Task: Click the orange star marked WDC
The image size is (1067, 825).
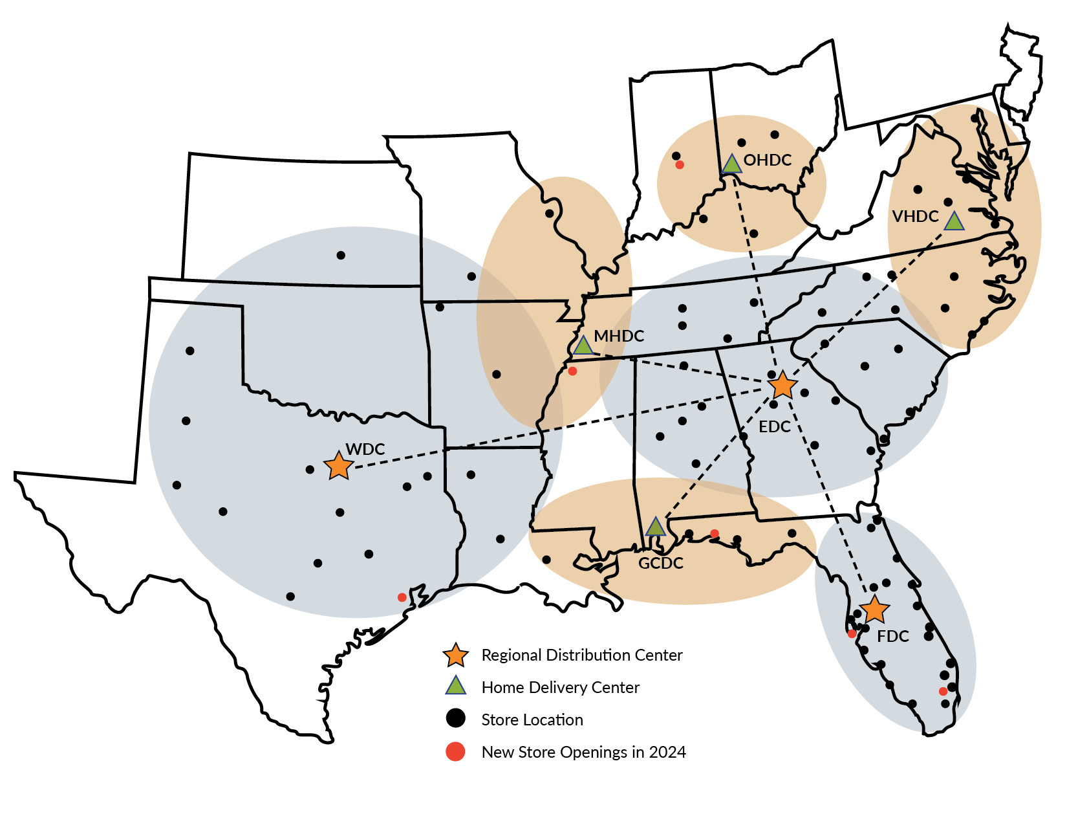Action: pyautogui.click(x=338, y=466)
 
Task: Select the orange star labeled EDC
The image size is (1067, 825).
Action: pyautogui.click(x=782, y=386)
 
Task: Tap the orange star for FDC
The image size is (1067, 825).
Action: pyautogui.click(x=875, y=610)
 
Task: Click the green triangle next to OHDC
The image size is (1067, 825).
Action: pyautogui.click(x=731, y=164)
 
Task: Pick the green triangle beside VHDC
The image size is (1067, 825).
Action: pyautogui.click(x=954, y=221)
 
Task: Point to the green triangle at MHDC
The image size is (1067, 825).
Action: pyautogui.click(x=583, y=346)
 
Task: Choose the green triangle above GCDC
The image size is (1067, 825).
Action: pyautogui.click(x=656, y=527)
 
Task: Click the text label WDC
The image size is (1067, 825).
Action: pyautogui.click(x=365, y=449)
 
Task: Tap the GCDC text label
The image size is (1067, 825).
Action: pyautogui.click(x=660, y=564)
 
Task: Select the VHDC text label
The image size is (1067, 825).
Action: pyautogui.click(x=915, y=217)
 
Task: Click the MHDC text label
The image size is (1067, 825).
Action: pyautogui.click(x=619, y=336)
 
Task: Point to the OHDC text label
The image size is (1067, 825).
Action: pyautogui.click(x=768, y=160)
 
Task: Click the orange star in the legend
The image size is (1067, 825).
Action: pyautogui.click(x=455, y=655)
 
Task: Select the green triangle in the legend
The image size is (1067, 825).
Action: pyautogui.click(x=456, y=686)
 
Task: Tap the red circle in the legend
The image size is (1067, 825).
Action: pyautogui.click(x=455, y=752)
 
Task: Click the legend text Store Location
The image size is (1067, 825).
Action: pyautogui.click(x=532, y=720)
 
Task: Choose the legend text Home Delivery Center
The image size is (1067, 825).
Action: pyautogui.click(x=560, y=688)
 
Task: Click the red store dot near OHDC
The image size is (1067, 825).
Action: pyautogui.click(x=680, y=165)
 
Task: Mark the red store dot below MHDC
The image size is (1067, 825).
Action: pyautogui.click(x=572, y=371)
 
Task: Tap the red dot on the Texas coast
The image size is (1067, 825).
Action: pyautogui.click(x=402, y=597)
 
